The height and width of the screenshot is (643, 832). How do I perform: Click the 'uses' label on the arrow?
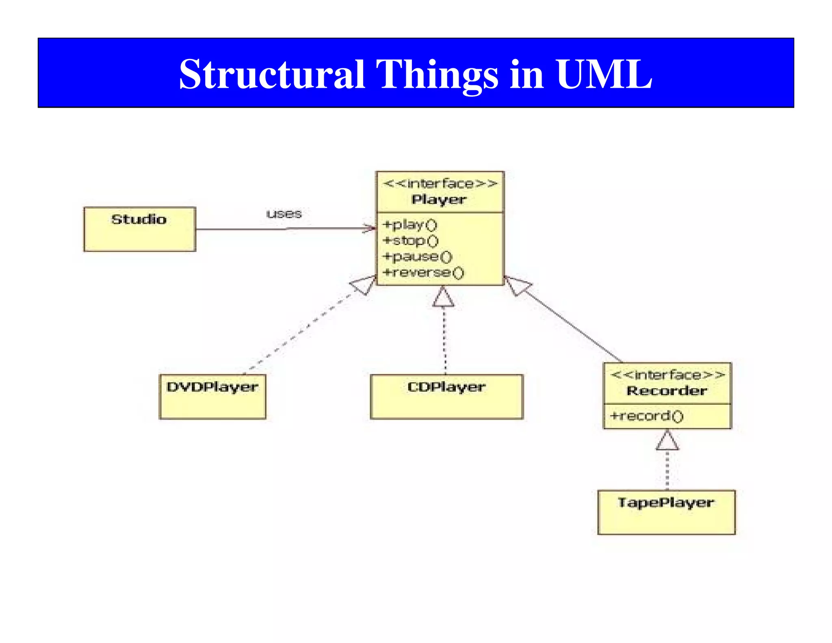pyautogui.click(x=284, y=214)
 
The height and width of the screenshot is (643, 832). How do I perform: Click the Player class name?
pyautogui.click(x=439, y=200)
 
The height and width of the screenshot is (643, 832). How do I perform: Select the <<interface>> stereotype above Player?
pyautogui.click(x=440, y=184)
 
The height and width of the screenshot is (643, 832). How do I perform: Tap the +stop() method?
pyautogui.click(x=411, y=241)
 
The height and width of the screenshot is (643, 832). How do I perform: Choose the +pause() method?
pyautogui.click(x=418, y=256)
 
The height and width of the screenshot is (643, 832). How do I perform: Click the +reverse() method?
pyautogui.click(x=423, y=272)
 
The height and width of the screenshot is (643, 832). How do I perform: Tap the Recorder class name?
pyautogui.click(x=667, y=391)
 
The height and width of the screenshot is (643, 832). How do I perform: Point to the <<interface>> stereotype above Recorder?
pyautogui.click(x=668, y=375)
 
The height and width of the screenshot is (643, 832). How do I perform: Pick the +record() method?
pyautogui.click(x=647, y=416)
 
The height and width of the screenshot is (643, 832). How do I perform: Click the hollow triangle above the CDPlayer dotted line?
pyautogui.click(x=443, y=298)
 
